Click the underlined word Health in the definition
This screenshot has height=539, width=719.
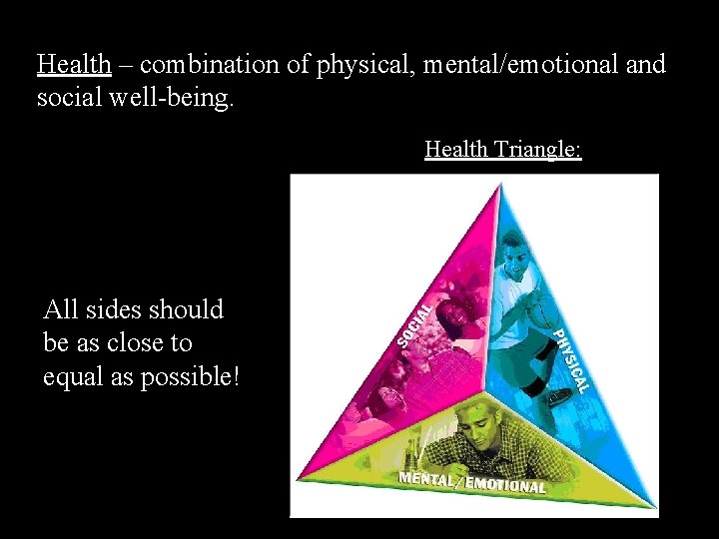point(73,65)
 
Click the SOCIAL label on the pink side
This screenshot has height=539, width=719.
point(414,323)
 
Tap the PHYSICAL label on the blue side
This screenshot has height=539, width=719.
point(571,359)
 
